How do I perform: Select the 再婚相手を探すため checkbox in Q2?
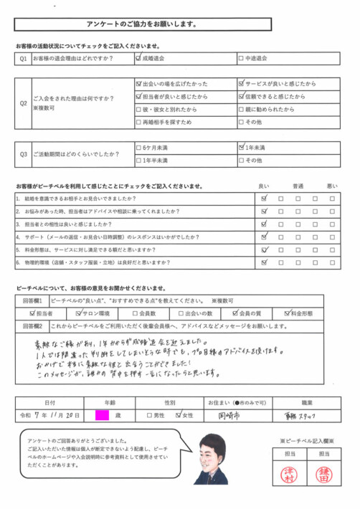point(139,123)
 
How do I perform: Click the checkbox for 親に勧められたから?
point(240,110)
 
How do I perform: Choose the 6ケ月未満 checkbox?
point(139,148)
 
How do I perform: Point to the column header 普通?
point(297,186)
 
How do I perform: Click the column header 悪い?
point(332,186)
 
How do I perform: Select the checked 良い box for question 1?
point(265,198)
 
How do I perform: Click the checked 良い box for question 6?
point(265,262)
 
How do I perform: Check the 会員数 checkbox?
point(134,313)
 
